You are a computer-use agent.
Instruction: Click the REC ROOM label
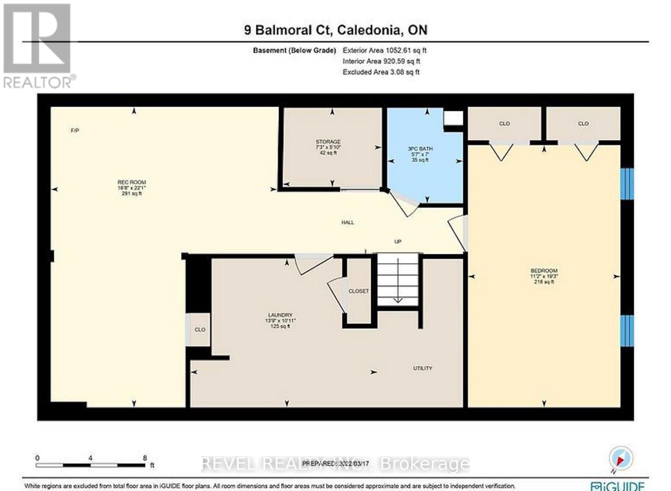click(131, 182)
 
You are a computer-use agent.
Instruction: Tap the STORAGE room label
click(328, 142)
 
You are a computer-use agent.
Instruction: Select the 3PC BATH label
click(420, 149)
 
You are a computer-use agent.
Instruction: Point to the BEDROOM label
click(544, 271)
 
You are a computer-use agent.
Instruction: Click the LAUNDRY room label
click(280, 315)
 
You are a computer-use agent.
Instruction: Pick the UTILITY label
click(422, 368)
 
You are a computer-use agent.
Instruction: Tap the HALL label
click(348, 223)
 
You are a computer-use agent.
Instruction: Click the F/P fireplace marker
click(75, 131)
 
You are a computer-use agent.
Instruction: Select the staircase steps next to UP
click(398, 279)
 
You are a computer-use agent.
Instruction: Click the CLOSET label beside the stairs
click(359, 291)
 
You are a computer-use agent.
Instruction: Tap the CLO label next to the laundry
click(200, 330)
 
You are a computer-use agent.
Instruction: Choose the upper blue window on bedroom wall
click(627, 184)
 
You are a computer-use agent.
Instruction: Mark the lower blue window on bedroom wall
click(627, 331)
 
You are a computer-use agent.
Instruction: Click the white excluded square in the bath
click(453, 118)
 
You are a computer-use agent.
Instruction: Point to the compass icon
click(621, 458)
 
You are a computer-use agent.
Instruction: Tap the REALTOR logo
click(38, 46)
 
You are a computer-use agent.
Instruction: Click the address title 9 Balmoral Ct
click(335, 30)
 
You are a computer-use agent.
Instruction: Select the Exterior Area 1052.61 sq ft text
click(384, 50)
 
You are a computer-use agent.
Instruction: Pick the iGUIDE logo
click(617, 486)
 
